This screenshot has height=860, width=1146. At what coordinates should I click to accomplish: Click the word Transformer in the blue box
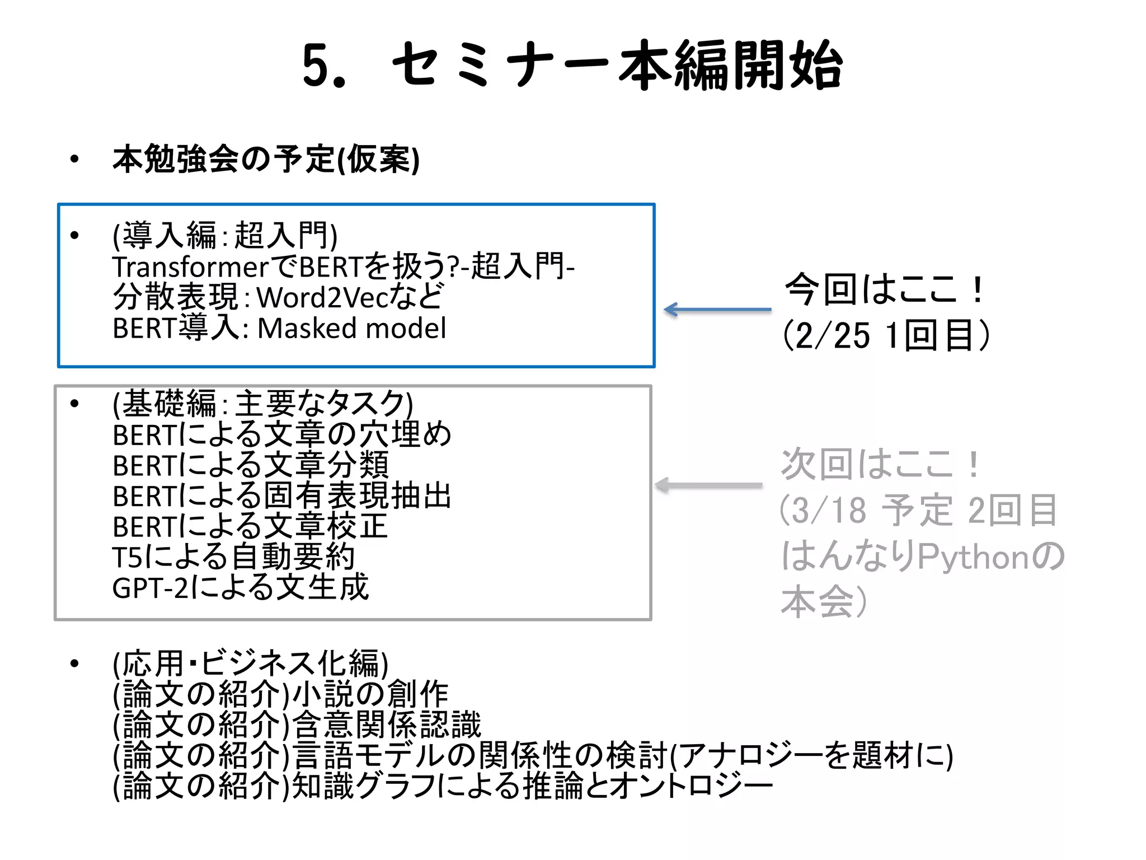[x=191, y=267]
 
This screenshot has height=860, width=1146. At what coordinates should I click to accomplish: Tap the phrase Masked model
[x=351, y=328]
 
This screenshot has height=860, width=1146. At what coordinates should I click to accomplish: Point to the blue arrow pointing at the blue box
[x=717, y=310]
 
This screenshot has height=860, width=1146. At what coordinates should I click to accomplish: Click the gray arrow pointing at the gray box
[x=708, y=485]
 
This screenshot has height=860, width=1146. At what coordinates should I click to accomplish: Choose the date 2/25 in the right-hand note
[x=833, y=336]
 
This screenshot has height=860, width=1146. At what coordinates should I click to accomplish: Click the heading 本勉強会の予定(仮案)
[x=266, y=160]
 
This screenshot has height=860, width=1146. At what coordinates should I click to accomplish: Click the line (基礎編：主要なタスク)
[x=263, y=404]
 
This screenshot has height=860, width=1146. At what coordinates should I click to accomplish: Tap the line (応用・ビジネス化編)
[x=250, y=664]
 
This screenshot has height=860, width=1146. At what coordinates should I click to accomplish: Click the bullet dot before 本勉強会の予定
[x=74, y=160]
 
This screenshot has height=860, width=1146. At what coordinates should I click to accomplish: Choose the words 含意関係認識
[x=387, y=725]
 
